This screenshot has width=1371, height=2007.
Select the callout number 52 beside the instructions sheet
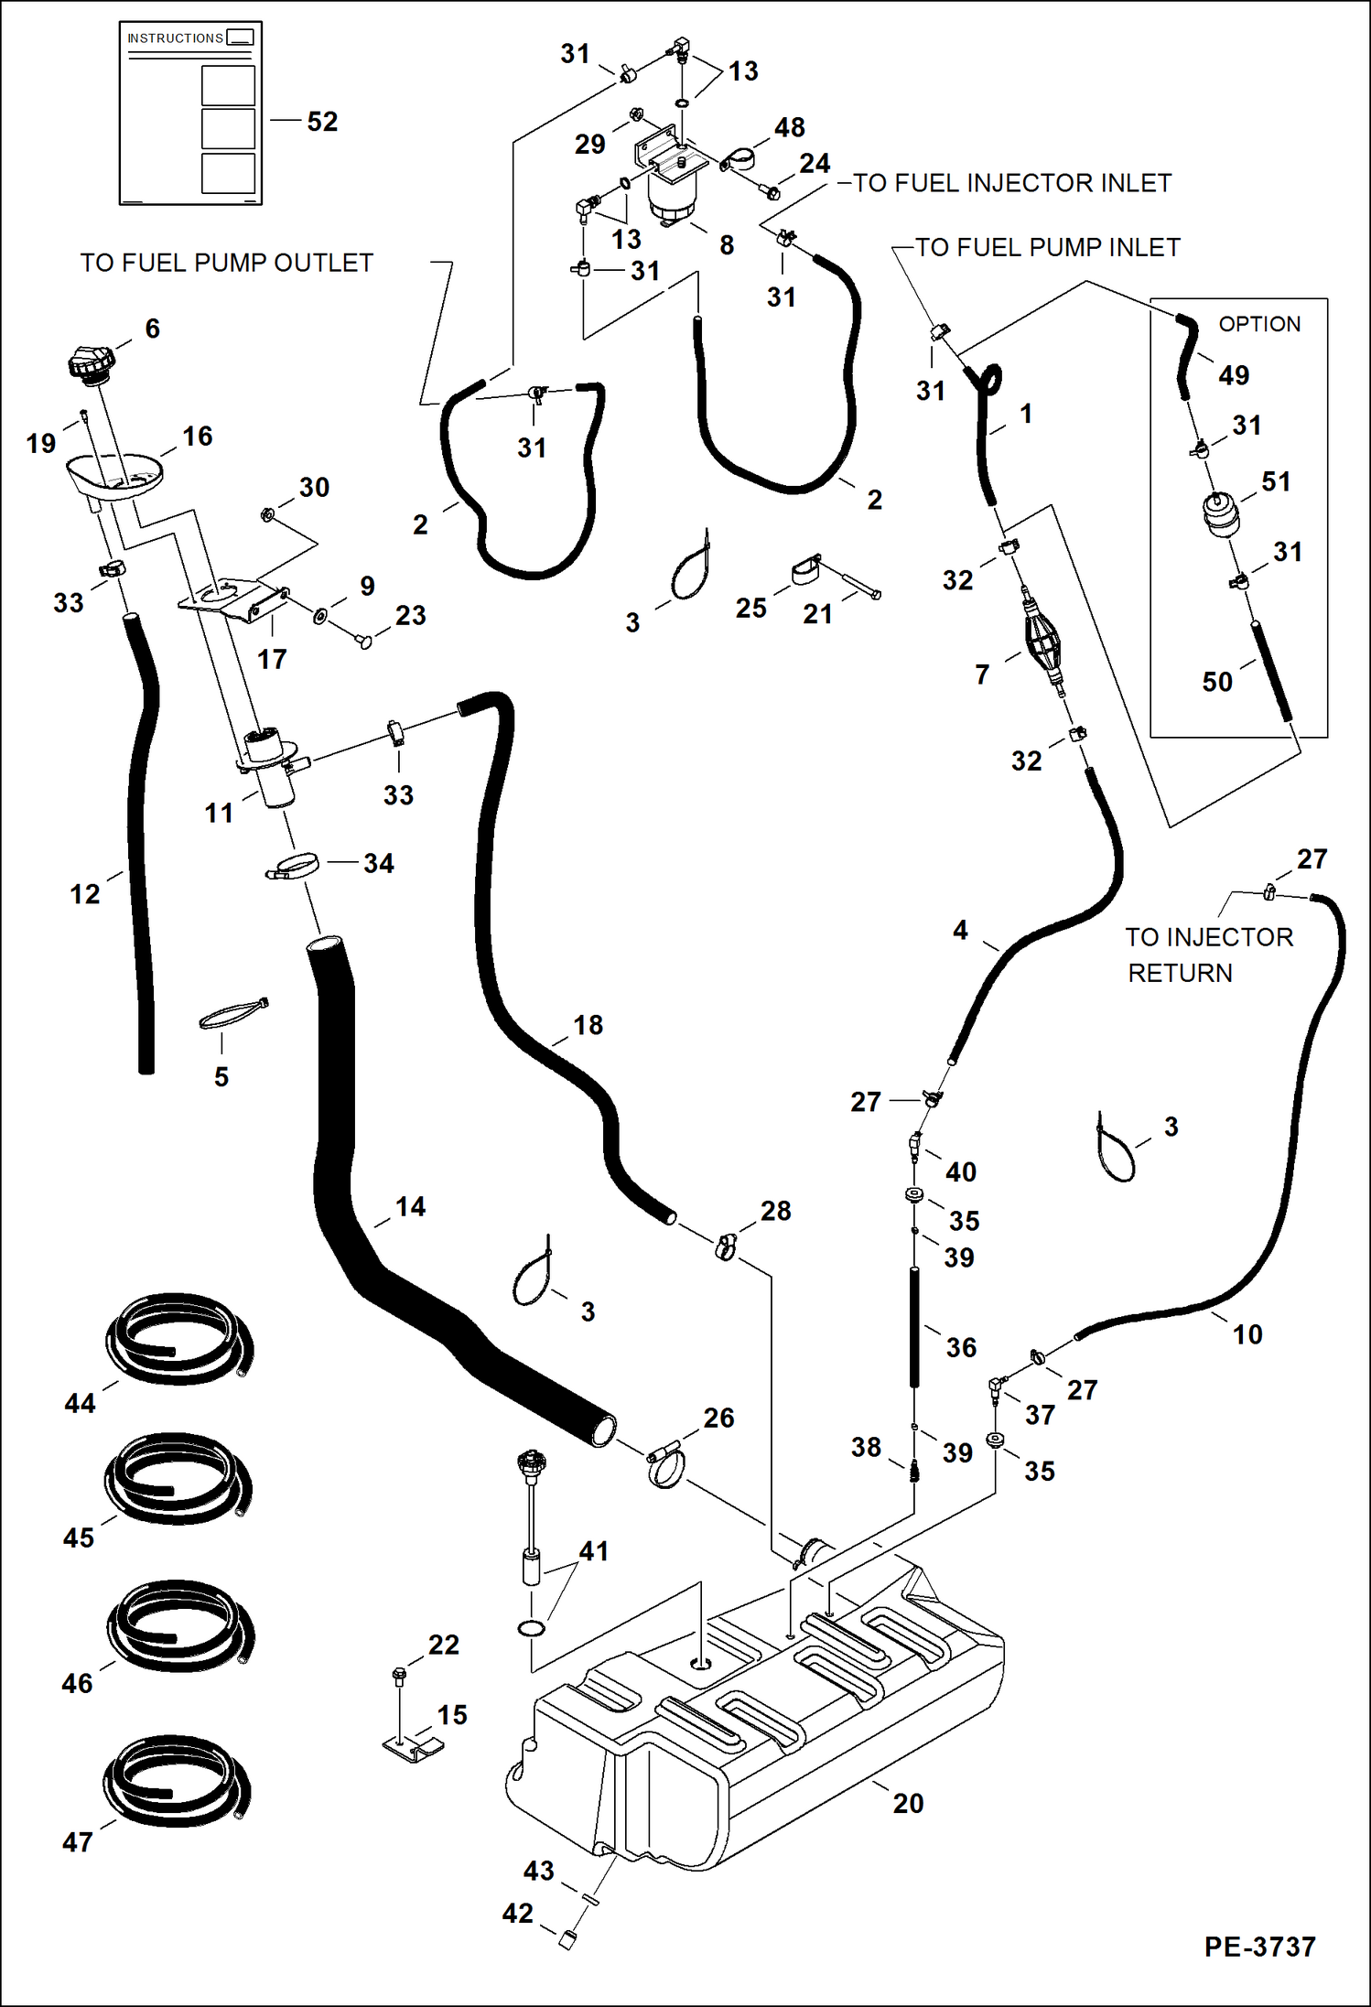[322, 122]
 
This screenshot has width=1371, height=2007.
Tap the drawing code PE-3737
[1259, 1947]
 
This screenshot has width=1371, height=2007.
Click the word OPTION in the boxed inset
[1259, 324]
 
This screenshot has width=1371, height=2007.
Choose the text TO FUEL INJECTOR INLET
[1011, 183]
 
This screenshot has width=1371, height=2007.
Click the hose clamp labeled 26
[665, 1462]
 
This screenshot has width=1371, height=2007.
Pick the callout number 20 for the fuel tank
[908, 1803]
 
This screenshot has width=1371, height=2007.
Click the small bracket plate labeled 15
[413, 1748]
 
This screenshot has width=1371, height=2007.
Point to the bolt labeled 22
[399, 1677]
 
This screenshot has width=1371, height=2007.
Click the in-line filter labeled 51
[1221, 514]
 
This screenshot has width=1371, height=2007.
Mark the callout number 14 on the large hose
[410, 1207]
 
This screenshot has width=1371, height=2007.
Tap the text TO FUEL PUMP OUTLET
[226, 264]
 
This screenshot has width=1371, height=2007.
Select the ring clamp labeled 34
[294, 865]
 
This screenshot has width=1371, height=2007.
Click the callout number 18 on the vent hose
[588, 1025]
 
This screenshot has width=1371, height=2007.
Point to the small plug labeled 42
[567, 1938]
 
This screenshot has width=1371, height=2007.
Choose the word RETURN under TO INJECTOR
[1180, 973]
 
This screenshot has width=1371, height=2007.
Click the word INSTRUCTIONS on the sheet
[175, 38]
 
